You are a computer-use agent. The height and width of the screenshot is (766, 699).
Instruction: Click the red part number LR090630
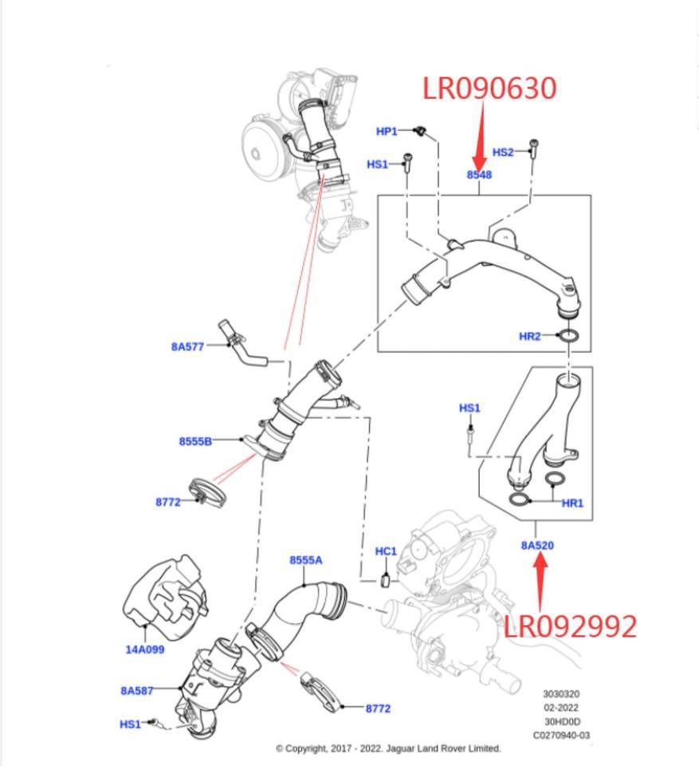[x=489, y=89]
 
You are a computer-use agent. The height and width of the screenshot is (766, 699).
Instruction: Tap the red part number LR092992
[x=570, y=626]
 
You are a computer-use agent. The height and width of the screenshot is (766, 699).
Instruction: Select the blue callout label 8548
[x=479, y=175]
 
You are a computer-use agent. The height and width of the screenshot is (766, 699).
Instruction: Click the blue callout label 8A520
[x=537, y=545]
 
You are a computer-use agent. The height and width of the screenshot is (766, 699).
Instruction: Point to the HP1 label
[x=387, y=131]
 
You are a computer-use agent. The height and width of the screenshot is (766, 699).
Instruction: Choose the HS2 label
[x=503, y=152]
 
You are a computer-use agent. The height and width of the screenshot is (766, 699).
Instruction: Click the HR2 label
[x=530, y=337]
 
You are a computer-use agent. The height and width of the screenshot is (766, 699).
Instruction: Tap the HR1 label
[x=572, y=503]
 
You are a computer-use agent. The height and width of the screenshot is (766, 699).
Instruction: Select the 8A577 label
[x=188, y=346]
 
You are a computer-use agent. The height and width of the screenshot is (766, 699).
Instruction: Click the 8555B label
[x=195, y=440]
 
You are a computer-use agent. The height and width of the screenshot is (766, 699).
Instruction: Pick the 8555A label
[x=306, y=560]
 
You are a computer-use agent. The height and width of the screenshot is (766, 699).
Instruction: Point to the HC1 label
[x=386, y=551]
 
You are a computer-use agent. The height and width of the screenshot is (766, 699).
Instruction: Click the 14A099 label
[x=145, y=650]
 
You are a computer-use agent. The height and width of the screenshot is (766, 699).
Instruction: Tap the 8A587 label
[x=137, y=690]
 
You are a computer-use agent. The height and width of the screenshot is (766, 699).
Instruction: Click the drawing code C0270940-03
[x=561, y=735]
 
